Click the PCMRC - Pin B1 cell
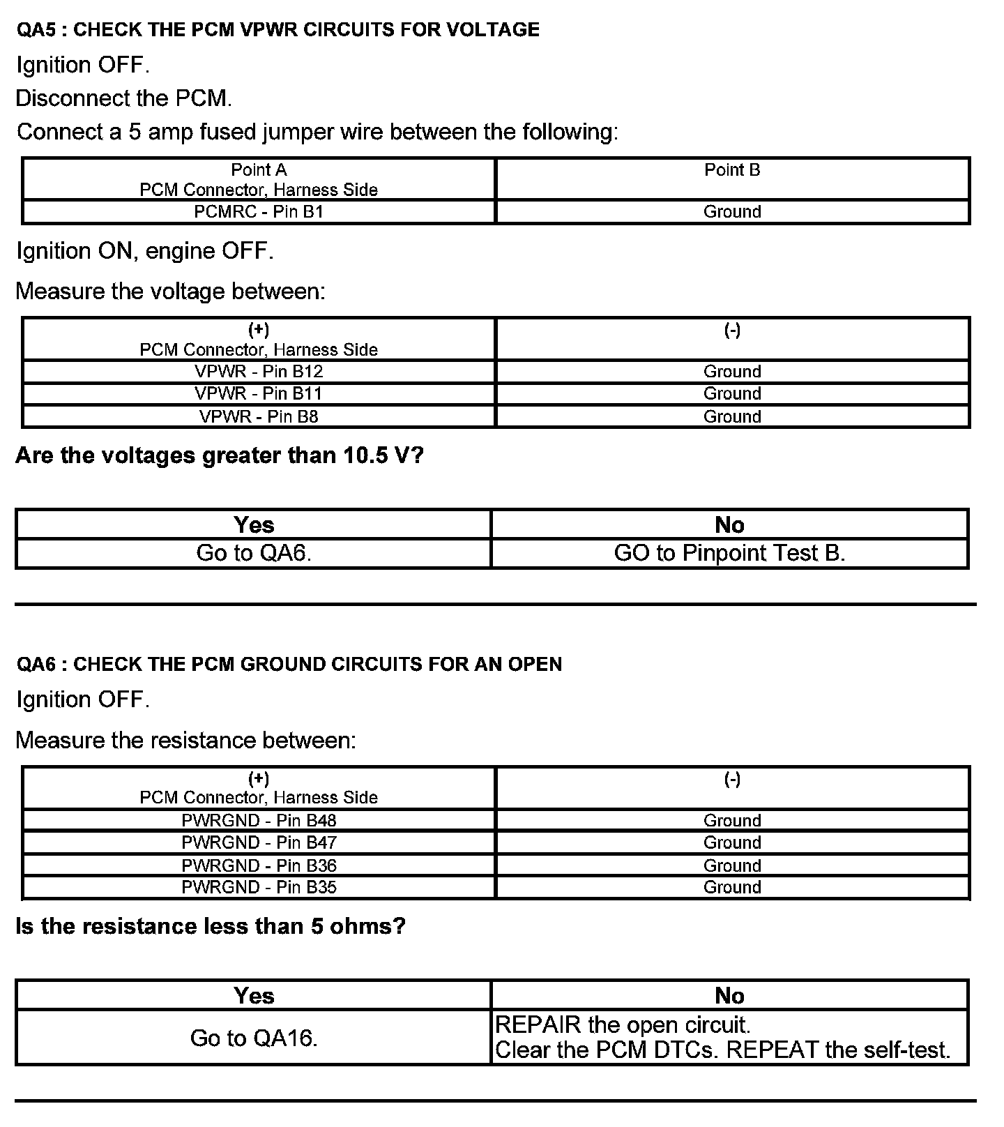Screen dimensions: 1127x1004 tap(259, 212)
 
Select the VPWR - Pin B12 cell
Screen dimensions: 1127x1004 tap(259, 372)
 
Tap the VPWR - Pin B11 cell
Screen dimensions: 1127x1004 tap(259, 394)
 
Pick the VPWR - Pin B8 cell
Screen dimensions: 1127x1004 tap(259, 417)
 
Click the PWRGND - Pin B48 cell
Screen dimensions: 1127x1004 tap(259, 821)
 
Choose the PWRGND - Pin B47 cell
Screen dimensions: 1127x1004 tap(259, 843)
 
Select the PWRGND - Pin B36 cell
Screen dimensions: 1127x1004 tap(259, 865)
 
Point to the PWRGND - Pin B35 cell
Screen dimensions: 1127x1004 tap(259, 888)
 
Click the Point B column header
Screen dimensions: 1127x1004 tap(732, 170)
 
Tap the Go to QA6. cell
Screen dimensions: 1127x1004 tap(254, 553)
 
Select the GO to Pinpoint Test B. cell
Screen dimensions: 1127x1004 tap(729, 553)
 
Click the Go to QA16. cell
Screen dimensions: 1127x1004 tap(254, 1038)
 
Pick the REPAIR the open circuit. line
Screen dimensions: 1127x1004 tap(623, 1025)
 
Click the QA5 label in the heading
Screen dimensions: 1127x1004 tap(33, 30)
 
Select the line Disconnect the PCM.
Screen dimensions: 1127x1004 tap(124, 98)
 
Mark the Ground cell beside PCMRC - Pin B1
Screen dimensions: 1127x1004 tap(732, 212)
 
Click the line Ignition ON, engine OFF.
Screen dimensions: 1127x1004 tap(145, 251)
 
